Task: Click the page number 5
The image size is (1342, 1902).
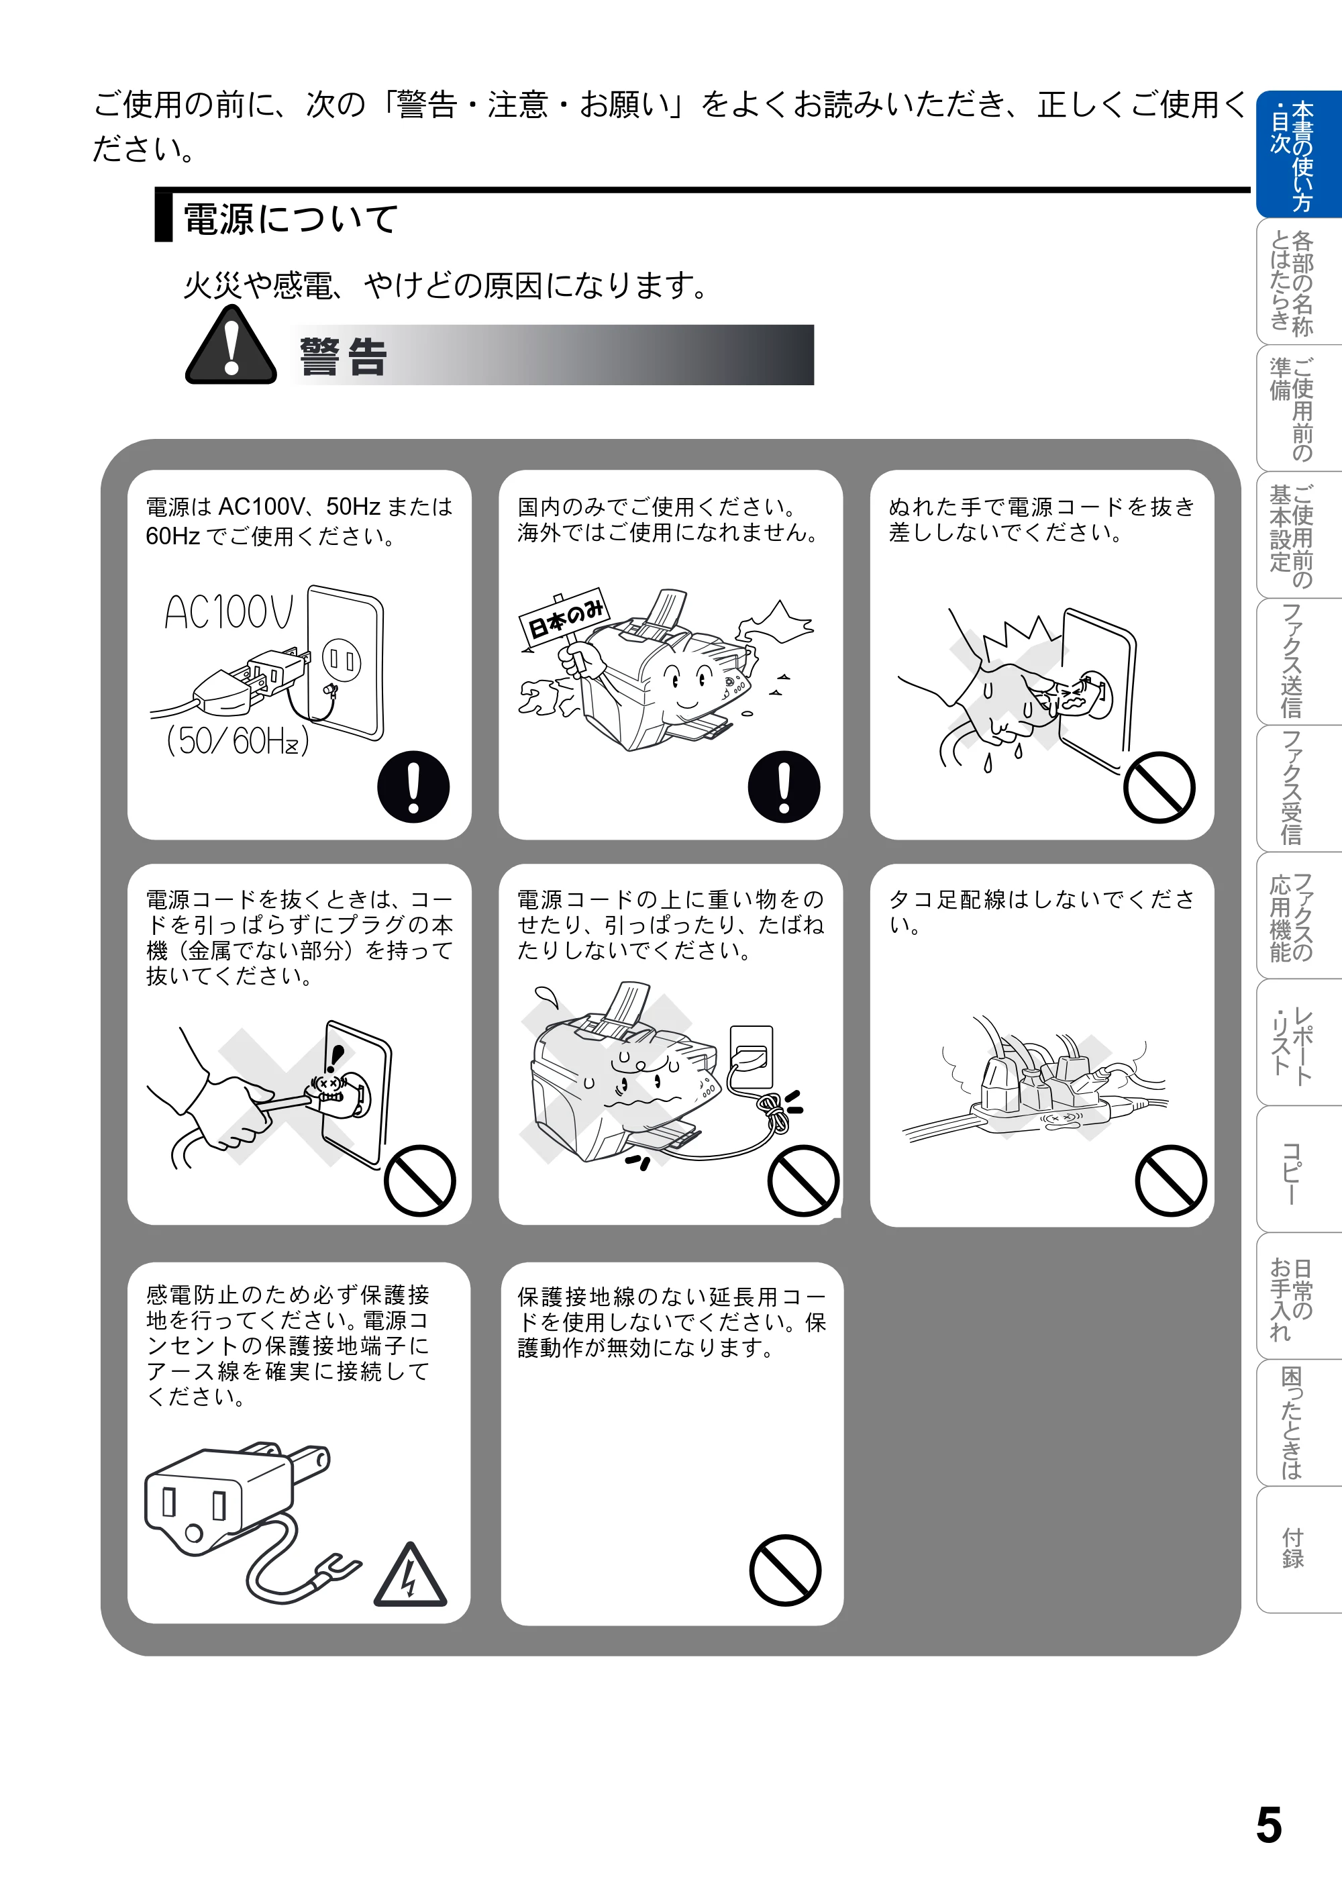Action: tap(1268, 1825)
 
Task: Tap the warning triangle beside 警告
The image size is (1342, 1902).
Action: tap(231, 346)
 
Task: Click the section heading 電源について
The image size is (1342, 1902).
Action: tap(290, 219)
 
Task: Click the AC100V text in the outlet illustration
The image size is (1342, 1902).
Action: tap(229, 613)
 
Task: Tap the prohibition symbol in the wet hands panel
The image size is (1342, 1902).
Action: tap(1159, 787)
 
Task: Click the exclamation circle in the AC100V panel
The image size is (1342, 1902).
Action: tap(413, 787)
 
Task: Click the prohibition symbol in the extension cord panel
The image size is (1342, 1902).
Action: tap(785, 1570)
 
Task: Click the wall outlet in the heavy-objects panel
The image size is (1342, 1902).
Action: tap(752, 1057)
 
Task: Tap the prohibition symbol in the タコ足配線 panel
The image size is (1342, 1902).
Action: tap(1170, 1181)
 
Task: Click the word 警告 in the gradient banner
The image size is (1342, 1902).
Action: tap(343, 357)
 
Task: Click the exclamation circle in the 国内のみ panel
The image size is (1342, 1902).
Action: tap(784, 787)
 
